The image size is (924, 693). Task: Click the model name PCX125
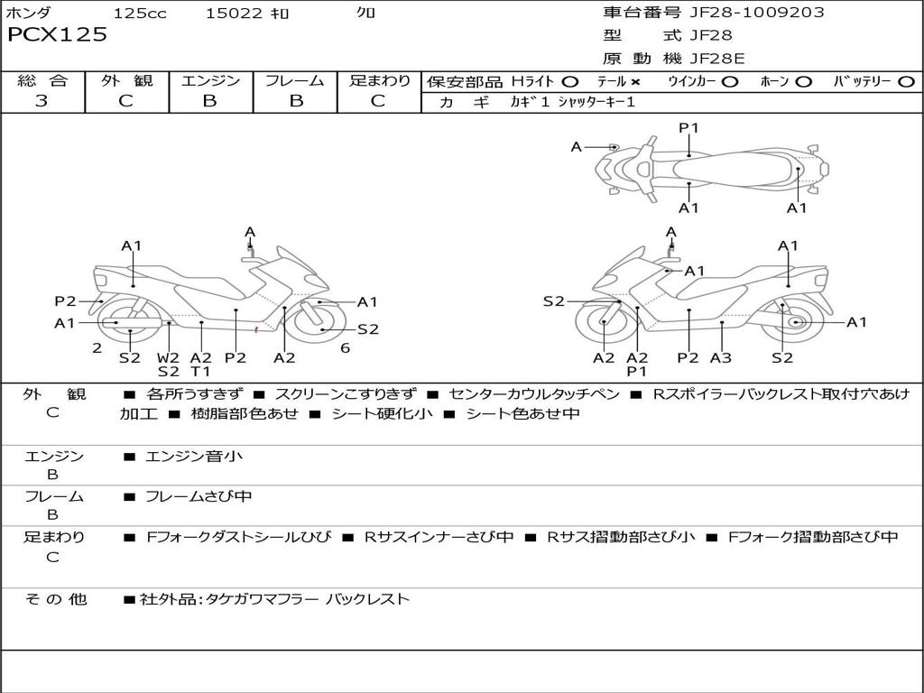(x=57, y=34)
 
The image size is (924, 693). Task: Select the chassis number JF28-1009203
(x=757, y=12)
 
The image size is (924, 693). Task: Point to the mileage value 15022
(x=234, y=13)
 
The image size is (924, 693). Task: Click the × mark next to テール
(x=635, y=82)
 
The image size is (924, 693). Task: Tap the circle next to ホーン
(x=803, y=82)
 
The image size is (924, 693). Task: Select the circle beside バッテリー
(x=906, y=82)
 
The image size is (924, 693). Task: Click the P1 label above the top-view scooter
(x=688, y=127)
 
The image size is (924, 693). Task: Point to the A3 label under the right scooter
(x=721, y=357)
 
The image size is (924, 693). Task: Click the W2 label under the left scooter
(x=168, y=357)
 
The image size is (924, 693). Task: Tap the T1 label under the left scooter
(x=200, y=371)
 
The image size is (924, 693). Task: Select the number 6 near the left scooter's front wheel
(x=346, y=348)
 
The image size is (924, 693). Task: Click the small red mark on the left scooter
(x=256, y=329)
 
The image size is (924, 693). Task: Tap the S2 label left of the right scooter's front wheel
(x=553, y=301)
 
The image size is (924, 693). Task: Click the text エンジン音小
(x=193, y=456)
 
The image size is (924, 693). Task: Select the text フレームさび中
(x=199, y=497)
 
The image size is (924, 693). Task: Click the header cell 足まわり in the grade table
(x=379, y=80)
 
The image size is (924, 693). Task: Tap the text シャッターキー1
(x=596, y=102)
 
